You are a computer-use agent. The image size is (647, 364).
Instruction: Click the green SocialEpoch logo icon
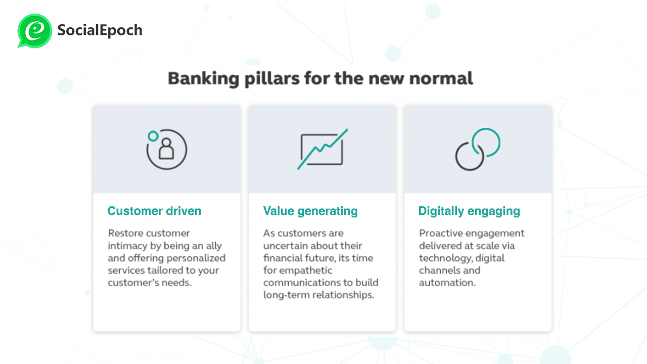35,31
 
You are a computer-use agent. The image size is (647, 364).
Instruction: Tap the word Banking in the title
204,79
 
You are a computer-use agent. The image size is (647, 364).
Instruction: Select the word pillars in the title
272,79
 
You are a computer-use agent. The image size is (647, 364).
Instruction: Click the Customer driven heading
154,211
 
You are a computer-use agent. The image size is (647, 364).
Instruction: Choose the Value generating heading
310,211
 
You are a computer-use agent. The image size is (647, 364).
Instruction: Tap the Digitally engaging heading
470,211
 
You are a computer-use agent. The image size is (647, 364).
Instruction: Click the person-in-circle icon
166,149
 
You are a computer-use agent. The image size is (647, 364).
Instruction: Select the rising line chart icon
322,149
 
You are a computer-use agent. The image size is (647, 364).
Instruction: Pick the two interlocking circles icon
478,149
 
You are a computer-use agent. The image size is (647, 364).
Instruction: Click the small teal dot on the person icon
153,136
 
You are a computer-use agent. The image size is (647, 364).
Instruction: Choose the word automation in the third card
447,283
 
